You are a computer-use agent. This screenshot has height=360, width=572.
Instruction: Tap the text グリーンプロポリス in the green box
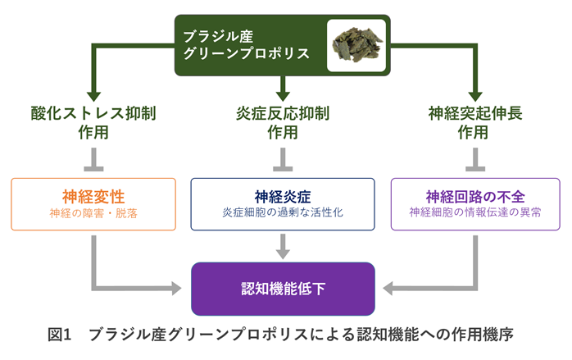246,54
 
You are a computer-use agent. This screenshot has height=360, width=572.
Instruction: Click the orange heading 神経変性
93,197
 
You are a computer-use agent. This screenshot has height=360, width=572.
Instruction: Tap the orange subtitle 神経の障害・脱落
93,212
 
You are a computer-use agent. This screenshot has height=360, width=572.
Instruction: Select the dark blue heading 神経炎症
283,197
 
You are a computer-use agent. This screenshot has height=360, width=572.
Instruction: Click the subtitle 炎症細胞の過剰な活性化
283,212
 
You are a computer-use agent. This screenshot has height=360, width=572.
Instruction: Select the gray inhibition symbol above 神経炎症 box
283,157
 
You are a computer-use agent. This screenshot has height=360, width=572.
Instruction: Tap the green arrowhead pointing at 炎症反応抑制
283,89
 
